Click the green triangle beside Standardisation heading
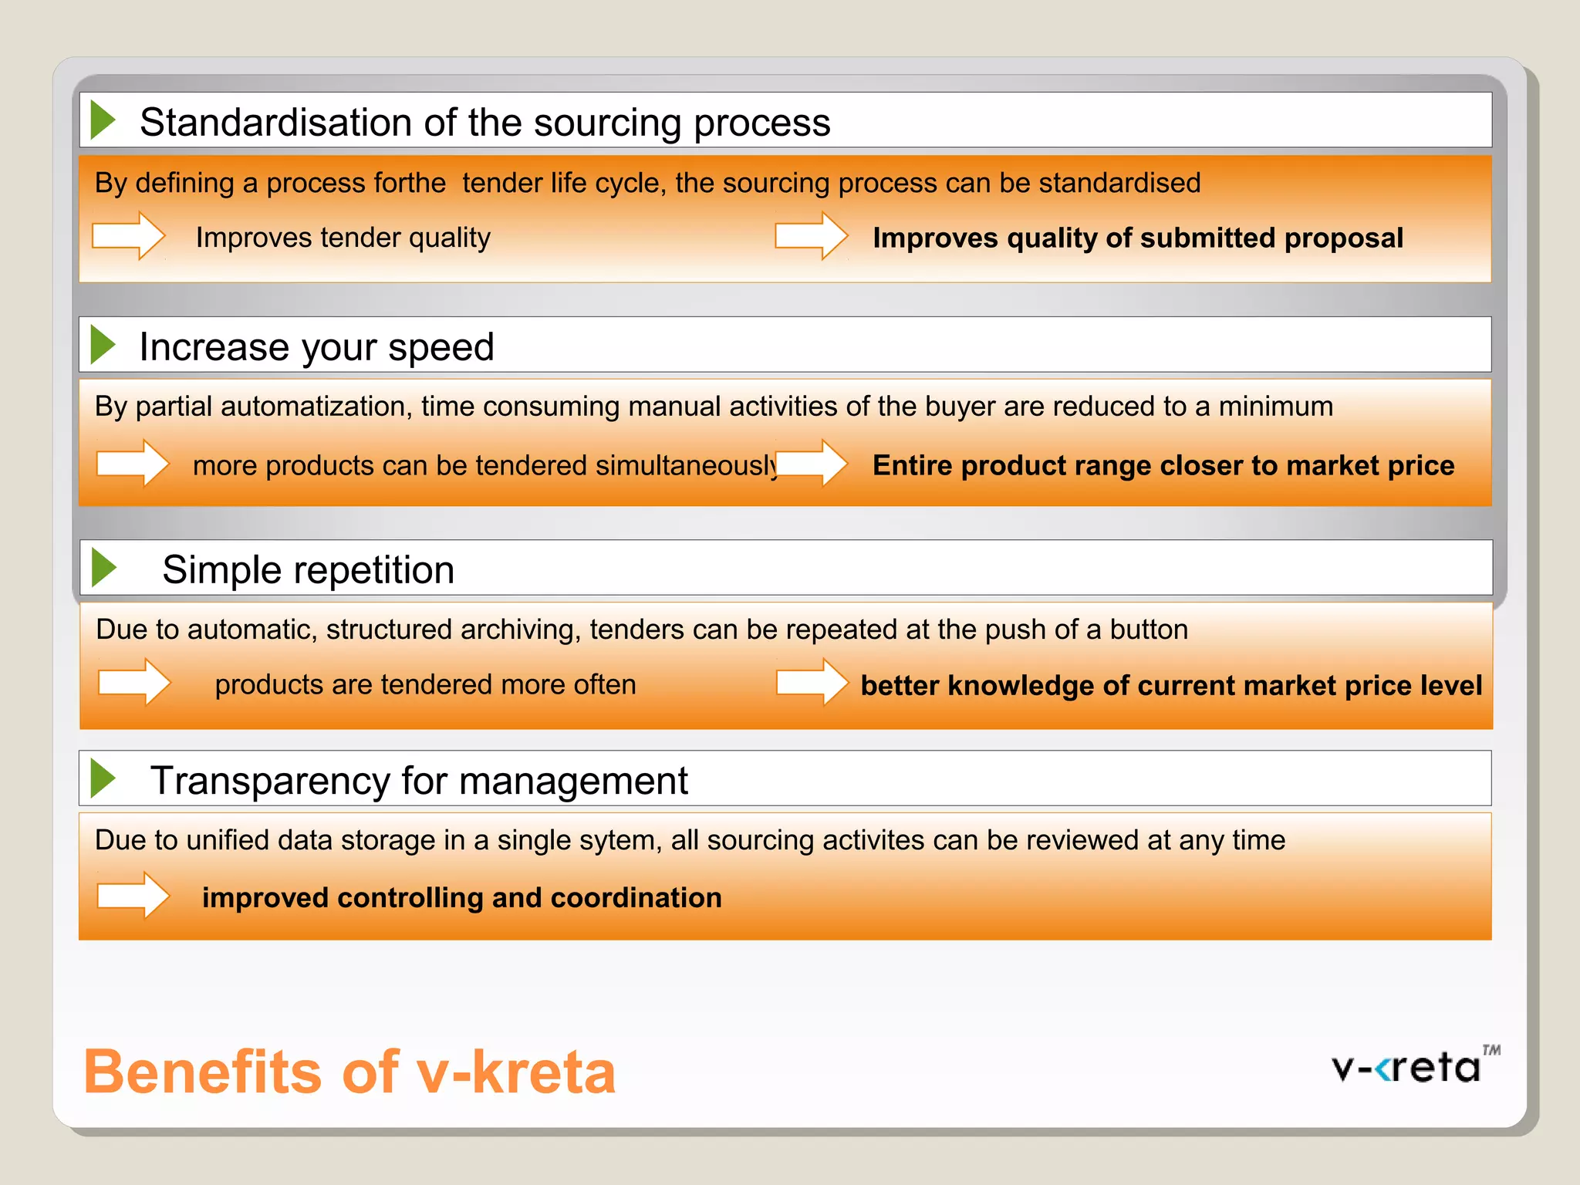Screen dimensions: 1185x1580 click(103, 120)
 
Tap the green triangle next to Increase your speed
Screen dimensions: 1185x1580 click(103, 345)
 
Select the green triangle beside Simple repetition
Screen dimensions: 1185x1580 click(103, 568)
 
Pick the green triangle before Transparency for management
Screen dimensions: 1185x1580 click(103, 778)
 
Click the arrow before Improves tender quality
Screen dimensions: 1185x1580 click(128, 235)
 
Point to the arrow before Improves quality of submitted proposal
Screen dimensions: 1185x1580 click(812, 235)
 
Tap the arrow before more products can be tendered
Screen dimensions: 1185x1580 click(133, 463)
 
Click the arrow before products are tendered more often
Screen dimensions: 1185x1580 click(134, 682)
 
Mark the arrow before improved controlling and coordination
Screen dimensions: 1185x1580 click(133, 895)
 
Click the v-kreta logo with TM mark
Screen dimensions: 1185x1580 click(1415, 1066)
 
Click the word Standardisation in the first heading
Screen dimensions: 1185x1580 click(276, 122)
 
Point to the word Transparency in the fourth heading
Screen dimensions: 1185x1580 click(269, 781)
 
